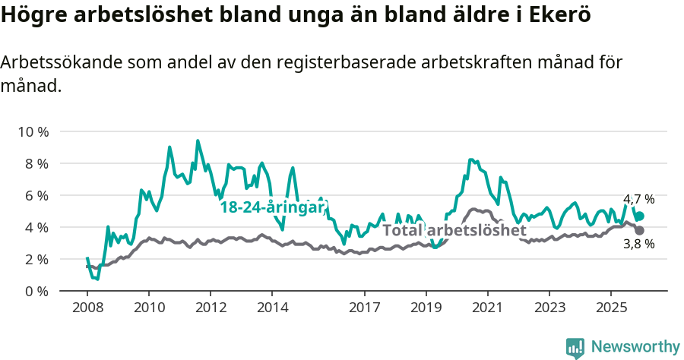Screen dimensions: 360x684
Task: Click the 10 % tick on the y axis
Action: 33,131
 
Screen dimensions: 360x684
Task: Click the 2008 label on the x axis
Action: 87,309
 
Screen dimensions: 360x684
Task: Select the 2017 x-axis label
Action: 364,309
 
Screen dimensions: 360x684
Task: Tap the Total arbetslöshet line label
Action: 454,230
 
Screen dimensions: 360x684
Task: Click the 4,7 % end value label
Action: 638,200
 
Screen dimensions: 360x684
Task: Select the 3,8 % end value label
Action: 638,244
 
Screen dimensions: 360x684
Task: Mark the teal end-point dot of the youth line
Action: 639,216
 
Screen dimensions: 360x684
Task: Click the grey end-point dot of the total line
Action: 639,230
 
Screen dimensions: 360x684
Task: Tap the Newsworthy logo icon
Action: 575,348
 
